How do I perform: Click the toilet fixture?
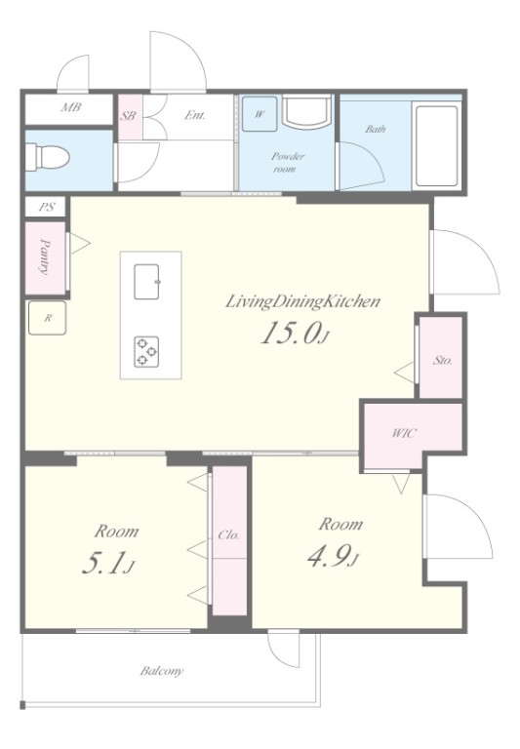pos(47,156)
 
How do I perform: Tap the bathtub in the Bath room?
pos(436,145)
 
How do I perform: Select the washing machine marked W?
pos(260,114)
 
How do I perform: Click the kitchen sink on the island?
pos(146,281)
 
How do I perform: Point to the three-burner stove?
pos(146,351)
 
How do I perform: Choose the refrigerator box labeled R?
pos(47,318)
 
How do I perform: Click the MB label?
pos(71,107)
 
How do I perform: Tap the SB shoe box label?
pos(128,116)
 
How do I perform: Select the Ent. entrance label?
pos(195,115)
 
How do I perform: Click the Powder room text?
pos(287,163)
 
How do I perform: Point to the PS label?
pos(47,208)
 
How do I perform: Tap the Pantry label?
pos(45,257)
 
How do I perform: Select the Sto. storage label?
pos(443,360)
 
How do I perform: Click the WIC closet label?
pos(404,433)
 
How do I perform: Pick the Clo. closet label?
pos(228,535)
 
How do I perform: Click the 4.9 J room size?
pos(333,556)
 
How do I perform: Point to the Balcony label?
pos(162,671)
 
